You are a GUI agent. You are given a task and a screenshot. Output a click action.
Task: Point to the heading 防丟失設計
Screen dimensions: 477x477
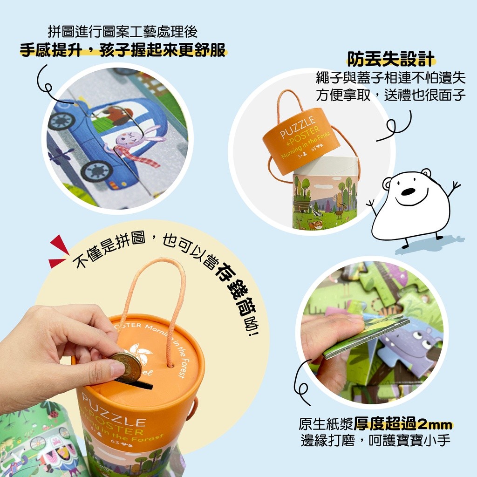coord(391,59)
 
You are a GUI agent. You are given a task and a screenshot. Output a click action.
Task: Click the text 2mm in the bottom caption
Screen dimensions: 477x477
coord(435,424)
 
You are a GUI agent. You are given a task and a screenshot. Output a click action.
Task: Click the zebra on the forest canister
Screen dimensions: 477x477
coord(316,211)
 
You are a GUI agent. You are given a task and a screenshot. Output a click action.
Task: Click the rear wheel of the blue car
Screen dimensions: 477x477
coord(62,120)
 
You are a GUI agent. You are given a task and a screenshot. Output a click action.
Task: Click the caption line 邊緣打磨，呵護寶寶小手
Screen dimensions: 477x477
coord(376,440)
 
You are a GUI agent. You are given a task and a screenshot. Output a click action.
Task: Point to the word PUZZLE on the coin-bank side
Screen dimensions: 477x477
coord(114,408)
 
